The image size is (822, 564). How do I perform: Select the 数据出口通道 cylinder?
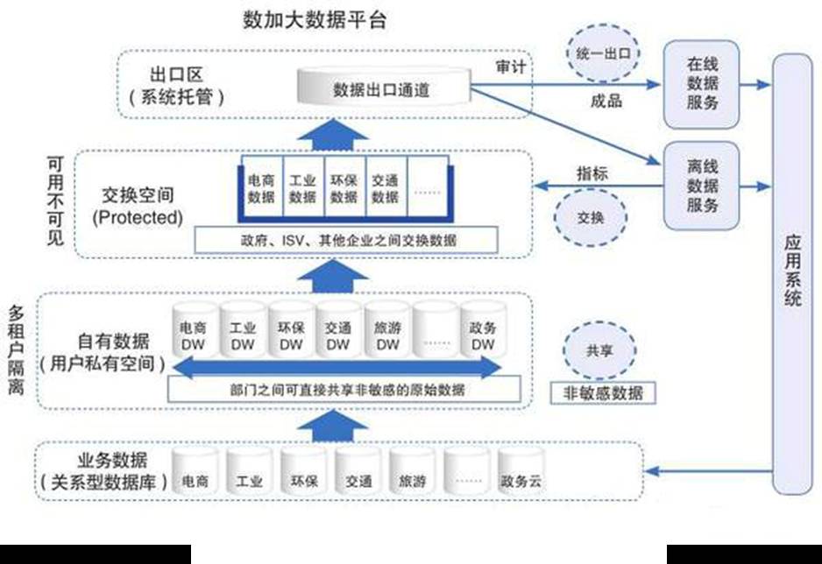pyautogui.click(x=382, y=88)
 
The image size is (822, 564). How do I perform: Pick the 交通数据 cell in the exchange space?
pyautogui.click(x=385, y=188)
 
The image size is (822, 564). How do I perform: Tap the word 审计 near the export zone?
pyautogui.click(x=509, y=67)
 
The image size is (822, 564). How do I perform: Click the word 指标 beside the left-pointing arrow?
pyautogui.click(x=592, y=173)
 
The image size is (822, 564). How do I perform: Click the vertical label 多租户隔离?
pyautogui.click(x=16, y=356)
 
